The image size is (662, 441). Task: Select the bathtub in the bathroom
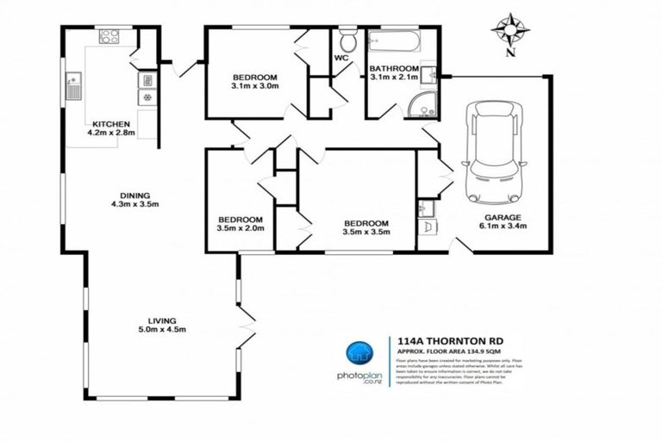[x=392, y=41]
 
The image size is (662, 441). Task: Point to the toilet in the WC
[x=348, y=40]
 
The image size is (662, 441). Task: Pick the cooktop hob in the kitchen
[x=109, y=36]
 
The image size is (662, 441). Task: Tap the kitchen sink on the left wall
[x=72, y=84]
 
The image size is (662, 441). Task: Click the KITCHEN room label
[x=112, y=123]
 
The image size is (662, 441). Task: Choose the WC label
[x=341, y=59]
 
